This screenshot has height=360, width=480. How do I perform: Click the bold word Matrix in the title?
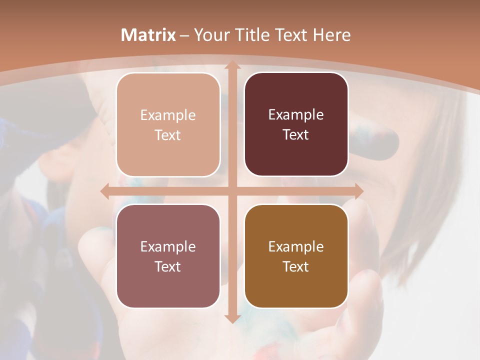(x=148, y=35)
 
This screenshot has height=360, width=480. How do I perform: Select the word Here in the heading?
(x=332, y=35)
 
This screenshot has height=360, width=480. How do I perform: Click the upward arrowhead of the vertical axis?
(x=232, y=65)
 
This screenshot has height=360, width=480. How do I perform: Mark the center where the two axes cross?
(x=232, y=191)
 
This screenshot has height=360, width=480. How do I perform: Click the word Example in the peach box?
(x=168, y=115)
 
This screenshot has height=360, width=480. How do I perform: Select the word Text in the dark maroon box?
(x=296, y=135)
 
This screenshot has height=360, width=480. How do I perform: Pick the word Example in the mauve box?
(x=168, y=247)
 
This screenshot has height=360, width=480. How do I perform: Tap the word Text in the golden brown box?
(x=296, y=266)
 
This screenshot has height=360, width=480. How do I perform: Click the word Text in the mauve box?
(x=168, y=266)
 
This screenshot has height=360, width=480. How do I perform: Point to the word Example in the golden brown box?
(x=296, y=247)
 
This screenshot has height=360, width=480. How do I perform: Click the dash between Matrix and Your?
(x=184, y=35)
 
